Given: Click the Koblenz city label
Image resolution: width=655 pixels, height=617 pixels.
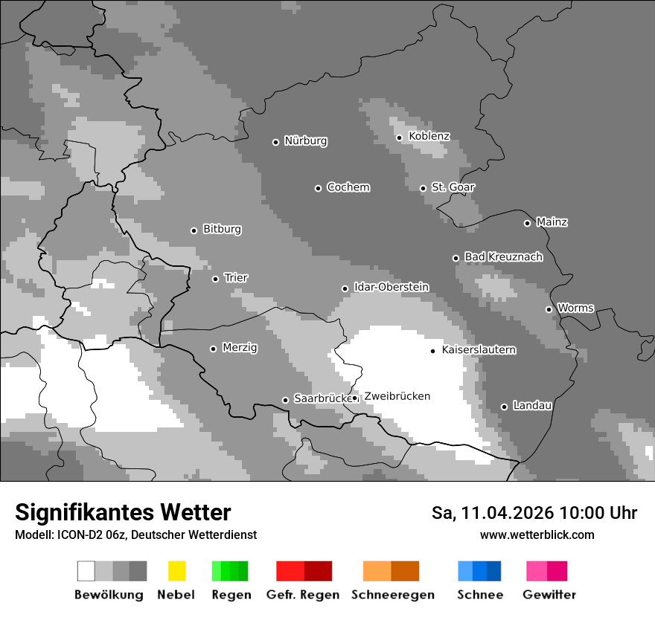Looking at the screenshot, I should click(429, 136).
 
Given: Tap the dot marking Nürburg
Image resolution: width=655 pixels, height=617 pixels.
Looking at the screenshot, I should click(275, 142).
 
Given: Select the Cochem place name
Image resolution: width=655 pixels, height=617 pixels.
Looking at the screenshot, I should click(348, 187).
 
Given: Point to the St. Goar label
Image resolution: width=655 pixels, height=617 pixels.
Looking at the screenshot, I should click(453, 187).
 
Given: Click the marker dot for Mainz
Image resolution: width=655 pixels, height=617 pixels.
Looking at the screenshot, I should click(527, 223).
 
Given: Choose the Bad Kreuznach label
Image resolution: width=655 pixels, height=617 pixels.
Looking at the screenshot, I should click(503, 257).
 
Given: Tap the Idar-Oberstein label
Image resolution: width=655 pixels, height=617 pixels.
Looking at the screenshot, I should click(391, 287).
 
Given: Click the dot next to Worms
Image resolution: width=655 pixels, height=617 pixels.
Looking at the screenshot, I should click(549, 309).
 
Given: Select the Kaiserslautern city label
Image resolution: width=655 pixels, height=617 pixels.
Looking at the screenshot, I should click(479, 349).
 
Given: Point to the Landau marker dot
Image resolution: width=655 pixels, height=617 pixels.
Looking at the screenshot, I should click(504, 407).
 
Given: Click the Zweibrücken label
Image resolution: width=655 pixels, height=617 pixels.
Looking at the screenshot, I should click(397, 396).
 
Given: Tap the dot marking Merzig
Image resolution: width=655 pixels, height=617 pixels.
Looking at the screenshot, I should click(213, 349).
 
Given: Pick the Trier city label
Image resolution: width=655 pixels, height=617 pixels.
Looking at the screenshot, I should click(236, 278).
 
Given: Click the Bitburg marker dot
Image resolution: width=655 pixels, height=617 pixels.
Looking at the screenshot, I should click(194, 230).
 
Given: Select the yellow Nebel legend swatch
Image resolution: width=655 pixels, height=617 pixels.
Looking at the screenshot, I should click(176, 571).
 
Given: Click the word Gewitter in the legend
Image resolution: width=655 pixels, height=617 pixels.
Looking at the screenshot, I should click(549, 595).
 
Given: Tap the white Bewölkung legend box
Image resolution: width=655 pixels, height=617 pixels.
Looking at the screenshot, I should click(86, 571).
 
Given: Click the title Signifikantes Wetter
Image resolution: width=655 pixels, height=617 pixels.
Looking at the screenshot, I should click(123, 512).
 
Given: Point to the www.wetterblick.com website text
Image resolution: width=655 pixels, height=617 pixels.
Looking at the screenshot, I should click(537, 534).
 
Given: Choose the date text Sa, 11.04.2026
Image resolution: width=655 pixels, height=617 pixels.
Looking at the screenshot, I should click(493, 513).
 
